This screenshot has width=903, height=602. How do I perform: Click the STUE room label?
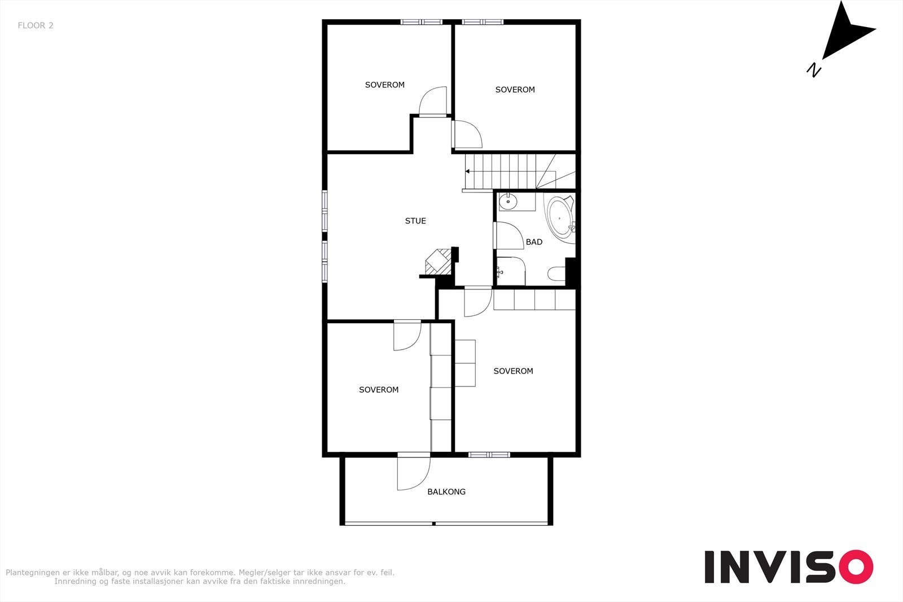point(415,221)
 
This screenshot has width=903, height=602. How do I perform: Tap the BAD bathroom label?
point(534,242)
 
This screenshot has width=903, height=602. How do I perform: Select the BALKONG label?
point(446,492)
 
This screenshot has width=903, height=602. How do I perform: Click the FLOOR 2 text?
point(36,25)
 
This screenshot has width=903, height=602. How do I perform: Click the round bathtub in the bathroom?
point(561,217)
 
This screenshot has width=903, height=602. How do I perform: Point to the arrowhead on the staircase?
point(468,171)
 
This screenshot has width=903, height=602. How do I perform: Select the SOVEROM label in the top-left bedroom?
point(385,85)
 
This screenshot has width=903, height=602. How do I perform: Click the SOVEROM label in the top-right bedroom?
point(515,90)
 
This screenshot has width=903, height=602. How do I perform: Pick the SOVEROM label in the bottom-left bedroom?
point(379,390)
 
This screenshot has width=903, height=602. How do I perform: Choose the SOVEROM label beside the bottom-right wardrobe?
point(513,371)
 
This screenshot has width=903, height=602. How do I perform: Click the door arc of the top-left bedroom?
point(433,102)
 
